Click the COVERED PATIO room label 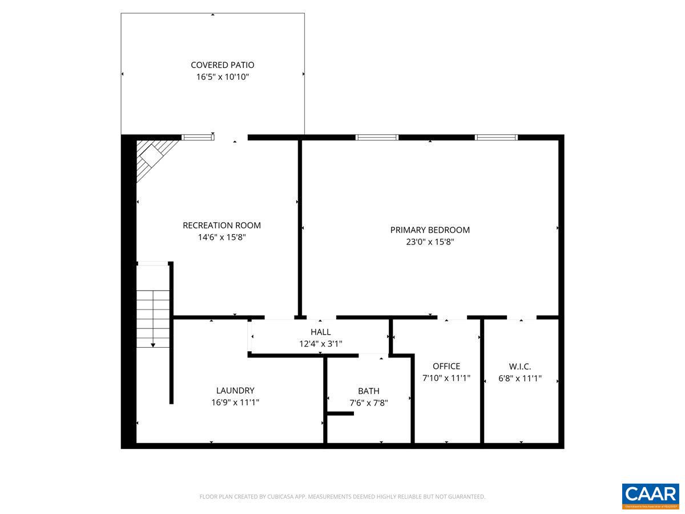tap(222, 65)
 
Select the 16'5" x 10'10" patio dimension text tap(222, 77)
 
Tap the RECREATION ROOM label tap(221, 226)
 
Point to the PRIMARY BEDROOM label tap(430, 230)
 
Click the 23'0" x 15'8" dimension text tap(430, 242)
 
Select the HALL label tap(320, 332)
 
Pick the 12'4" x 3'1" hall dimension tap(320, 343)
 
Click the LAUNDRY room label tap(235, 391)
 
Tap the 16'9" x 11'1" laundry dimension tap(235, 402)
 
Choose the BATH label tap(368, 391)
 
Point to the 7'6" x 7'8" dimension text tap(368, 403)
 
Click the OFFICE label tap(446, 366)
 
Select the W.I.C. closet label tap(520, 366)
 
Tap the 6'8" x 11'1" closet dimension tap(520, 378)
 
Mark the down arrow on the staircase tap(153, 344)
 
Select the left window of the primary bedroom tap(377, 137)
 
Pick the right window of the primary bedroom tap(497, 137)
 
